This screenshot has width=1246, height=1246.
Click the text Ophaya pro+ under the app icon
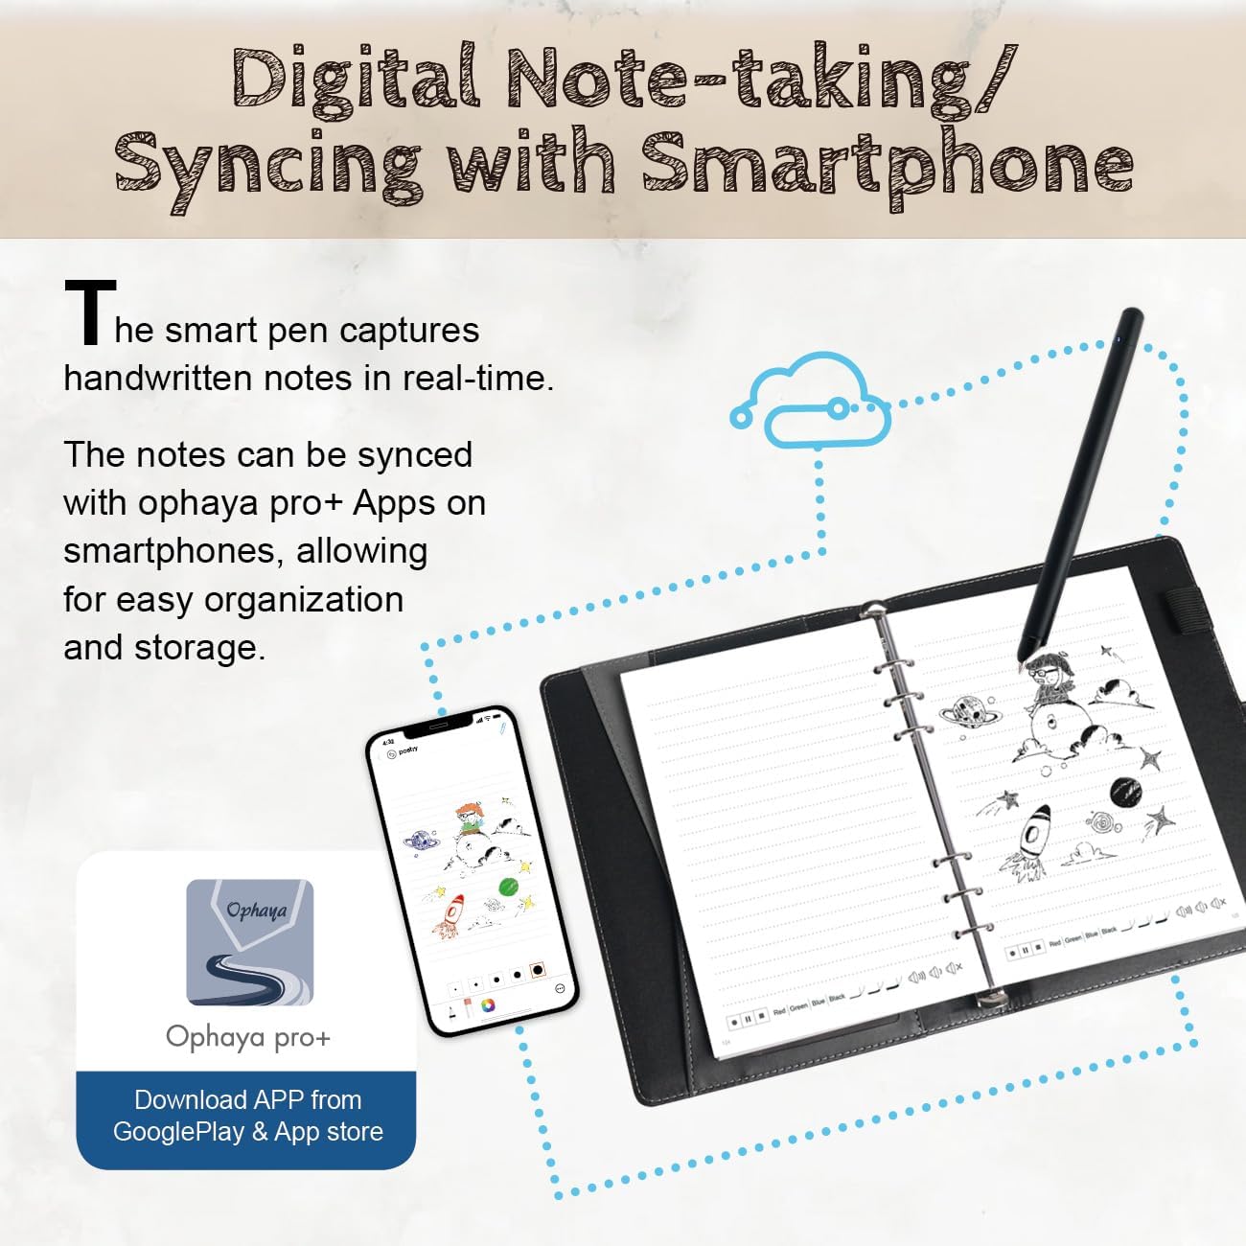248,1037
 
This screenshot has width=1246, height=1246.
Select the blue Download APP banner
247,1117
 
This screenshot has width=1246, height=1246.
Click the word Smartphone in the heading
888,163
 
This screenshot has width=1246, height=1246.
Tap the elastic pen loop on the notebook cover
1184,614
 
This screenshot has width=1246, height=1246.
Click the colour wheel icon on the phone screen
490,1005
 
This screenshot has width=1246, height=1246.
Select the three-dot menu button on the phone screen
560,988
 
